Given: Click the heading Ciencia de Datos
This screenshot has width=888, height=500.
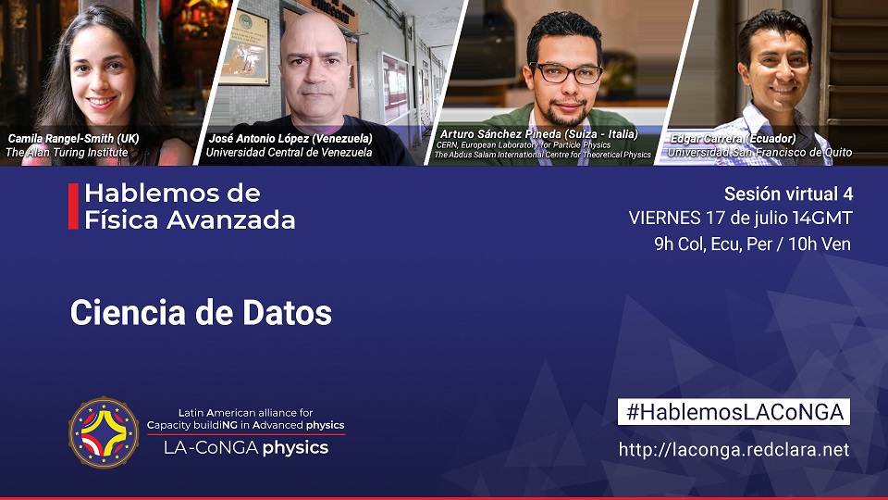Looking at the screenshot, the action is tap(201, 312).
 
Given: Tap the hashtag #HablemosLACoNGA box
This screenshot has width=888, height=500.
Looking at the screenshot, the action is tap(734, 412).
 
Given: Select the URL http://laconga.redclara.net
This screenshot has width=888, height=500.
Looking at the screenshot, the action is tap(734, 450).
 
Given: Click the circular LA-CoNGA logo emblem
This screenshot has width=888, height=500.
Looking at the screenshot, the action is tap(104, 432).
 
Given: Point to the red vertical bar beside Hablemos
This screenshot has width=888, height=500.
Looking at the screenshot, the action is tap(73, 206).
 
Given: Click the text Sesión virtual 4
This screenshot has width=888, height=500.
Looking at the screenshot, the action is tap(788, 194).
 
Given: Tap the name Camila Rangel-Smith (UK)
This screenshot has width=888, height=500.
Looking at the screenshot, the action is tap(74, 138).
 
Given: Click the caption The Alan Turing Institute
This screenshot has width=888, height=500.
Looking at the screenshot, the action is tap(67, 152).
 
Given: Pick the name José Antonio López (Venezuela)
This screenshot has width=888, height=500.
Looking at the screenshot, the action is tap(290, 138).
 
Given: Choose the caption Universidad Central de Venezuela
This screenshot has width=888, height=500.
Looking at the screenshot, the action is tap(289, 152).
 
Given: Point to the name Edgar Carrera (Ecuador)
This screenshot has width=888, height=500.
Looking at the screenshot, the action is tap(733, 138).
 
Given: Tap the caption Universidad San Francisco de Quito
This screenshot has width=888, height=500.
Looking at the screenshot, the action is tap(759, 152).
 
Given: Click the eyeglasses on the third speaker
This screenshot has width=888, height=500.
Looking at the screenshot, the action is tap(566, 73).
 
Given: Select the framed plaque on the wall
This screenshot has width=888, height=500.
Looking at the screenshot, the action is tap(245, 47).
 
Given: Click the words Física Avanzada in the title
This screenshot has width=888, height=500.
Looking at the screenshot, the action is tap(190, 220).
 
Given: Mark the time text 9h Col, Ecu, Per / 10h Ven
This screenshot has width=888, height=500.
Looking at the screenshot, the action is tap(753, 244).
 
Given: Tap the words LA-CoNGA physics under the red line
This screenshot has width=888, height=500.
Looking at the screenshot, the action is tap(246, 448).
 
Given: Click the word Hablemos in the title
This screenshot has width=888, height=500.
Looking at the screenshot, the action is tap(147, 194).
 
